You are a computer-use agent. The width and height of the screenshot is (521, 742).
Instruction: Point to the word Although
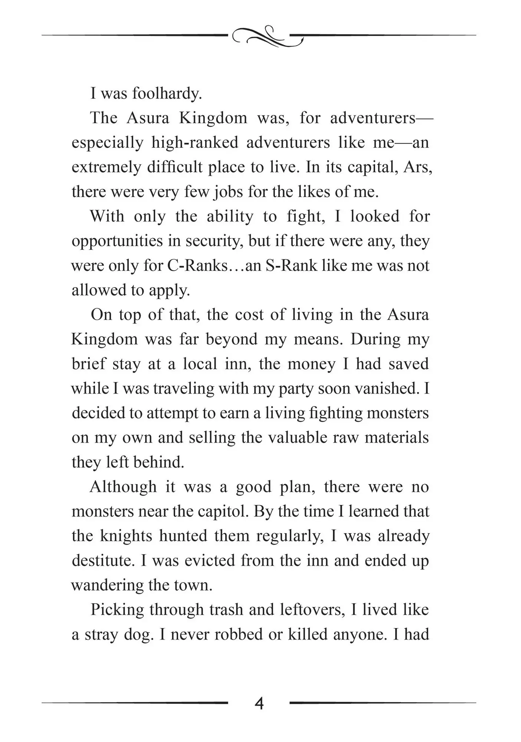(123, 487)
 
